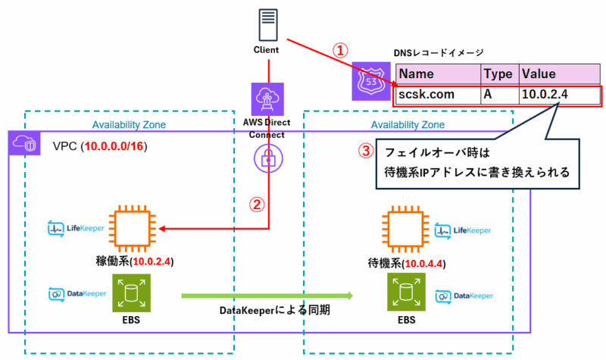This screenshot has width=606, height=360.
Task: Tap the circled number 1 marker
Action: pyautogui.click(x=341, y=51)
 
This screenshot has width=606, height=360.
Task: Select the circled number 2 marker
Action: pyautogui.click(x=258, y=205)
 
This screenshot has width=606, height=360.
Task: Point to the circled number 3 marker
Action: pyautogui.click(x=366, y=150)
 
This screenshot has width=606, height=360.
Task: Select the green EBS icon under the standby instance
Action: pyautogui.click(x=408, y=293)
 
